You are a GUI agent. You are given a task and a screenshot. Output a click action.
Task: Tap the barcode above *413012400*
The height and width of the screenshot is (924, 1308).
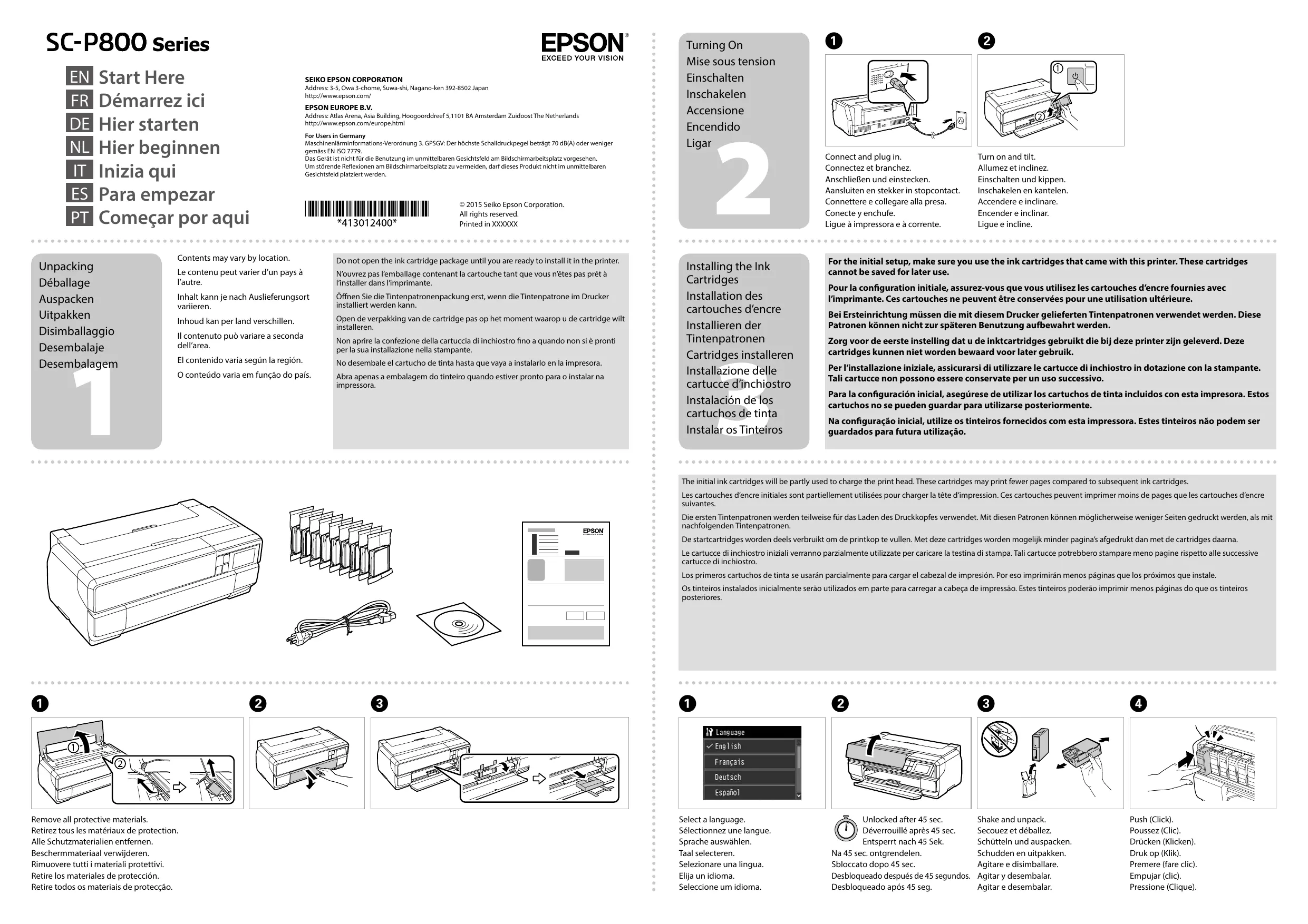click(367, 209)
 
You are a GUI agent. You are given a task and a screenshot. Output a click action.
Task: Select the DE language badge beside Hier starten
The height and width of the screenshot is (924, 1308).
click(79, 124)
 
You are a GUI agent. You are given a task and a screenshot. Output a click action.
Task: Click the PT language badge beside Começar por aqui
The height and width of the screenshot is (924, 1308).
click(79, 217)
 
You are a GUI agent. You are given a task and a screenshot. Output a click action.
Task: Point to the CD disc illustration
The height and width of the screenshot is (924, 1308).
click(459, 624)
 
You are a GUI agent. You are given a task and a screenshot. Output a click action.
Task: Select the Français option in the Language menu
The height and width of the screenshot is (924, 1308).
click(729, 762)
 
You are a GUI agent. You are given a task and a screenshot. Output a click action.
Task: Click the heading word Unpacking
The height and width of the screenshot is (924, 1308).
click(66, 267)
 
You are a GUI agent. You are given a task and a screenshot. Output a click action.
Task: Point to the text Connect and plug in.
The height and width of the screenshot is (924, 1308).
click(863, 157)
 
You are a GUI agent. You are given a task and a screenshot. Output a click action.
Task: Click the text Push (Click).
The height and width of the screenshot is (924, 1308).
click(1151, 820)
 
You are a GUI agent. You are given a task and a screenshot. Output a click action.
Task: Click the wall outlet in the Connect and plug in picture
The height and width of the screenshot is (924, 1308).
click(962, 121)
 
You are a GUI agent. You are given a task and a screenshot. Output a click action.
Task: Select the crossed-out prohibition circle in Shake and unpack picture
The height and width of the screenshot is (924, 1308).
click(999, 739)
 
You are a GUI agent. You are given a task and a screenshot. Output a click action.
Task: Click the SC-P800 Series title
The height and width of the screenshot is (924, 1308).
click(128, 43)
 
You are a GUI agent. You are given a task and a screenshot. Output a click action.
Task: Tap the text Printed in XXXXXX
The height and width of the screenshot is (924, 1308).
click(488, 224)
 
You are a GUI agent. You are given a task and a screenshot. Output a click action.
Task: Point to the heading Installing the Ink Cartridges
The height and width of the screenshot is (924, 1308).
click(728, 273)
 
